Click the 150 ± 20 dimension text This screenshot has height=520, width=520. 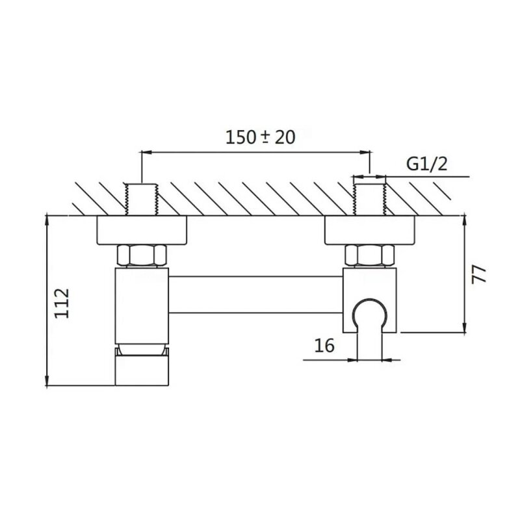pos(261,137)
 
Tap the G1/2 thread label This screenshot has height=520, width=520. pos(427,164)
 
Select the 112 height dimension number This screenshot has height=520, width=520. pos(62,303)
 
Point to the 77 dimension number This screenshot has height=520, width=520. pos(479,274)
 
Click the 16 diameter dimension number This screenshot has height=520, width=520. pos(324,346)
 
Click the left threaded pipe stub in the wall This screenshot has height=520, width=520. pos(142,200)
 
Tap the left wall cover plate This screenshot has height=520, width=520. pos(142,231)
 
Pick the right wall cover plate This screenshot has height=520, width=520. pos(369,231)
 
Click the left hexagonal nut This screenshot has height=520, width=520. pos(142,255)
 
